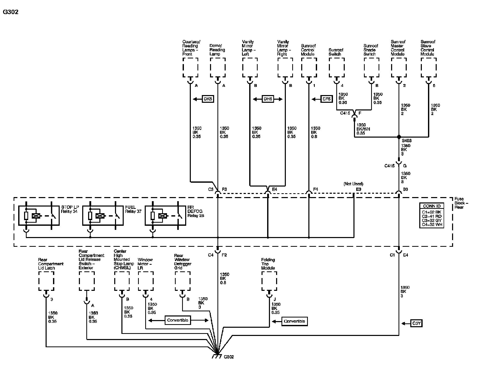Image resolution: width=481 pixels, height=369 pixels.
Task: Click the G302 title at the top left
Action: click(11, 12)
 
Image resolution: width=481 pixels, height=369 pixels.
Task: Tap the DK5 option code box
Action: click(208, 99)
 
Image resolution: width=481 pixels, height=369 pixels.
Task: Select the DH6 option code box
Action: click(268, 99)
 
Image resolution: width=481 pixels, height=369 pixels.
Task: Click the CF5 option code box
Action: click(327, 99)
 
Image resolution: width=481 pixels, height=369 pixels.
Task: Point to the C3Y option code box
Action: click(416, 323)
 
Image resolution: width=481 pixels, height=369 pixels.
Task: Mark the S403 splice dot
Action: click(399, 137)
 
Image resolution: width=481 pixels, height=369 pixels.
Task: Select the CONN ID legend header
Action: click(432, 206)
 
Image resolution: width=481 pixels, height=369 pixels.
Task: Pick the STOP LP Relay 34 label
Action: click(70, 209)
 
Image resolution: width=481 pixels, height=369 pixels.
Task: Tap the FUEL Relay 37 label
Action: click(133, 209)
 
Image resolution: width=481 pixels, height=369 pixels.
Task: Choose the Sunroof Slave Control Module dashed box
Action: click(428, 67)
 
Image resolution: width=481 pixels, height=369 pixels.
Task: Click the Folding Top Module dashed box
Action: click(269, 281)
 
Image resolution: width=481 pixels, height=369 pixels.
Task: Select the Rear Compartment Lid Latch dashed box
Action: click(46, 281)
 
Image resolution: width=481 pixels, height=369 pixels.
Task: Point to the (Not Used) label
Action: click(353, 184)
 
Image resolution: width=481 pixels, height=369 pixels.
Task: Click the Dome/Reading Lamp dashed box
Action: click(218, 67)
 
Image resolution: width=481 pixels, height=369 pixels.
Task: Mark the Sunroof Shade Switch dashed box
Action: click(371, 67)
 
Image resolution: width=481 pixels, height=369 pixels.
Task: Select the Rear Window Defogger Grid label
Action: click(183, 262)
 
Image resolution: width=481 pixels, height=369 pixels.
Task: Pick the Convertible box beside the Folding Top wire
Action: click(294, 321)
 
